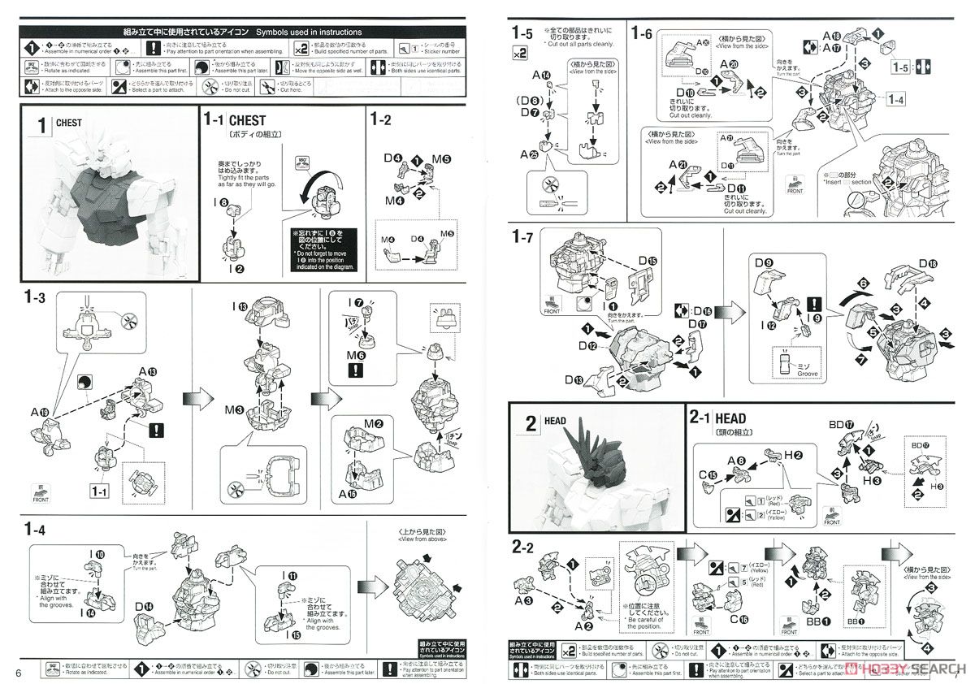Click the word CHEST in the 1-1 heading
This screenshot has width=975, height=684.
pos(248,120)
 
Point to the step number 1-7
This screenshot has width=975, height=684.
pos(522,236)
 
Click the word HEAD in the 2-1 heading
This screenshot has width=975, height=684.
pos(730,419)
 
